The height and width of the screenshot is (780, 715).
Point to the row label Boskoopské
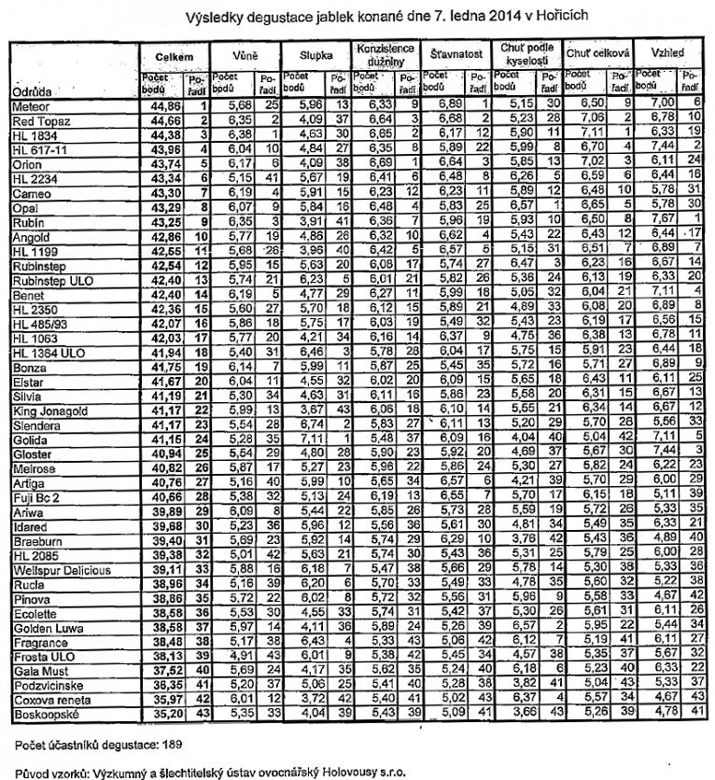44,715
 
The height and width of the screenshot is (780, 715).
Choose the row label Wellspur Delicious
61,569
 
